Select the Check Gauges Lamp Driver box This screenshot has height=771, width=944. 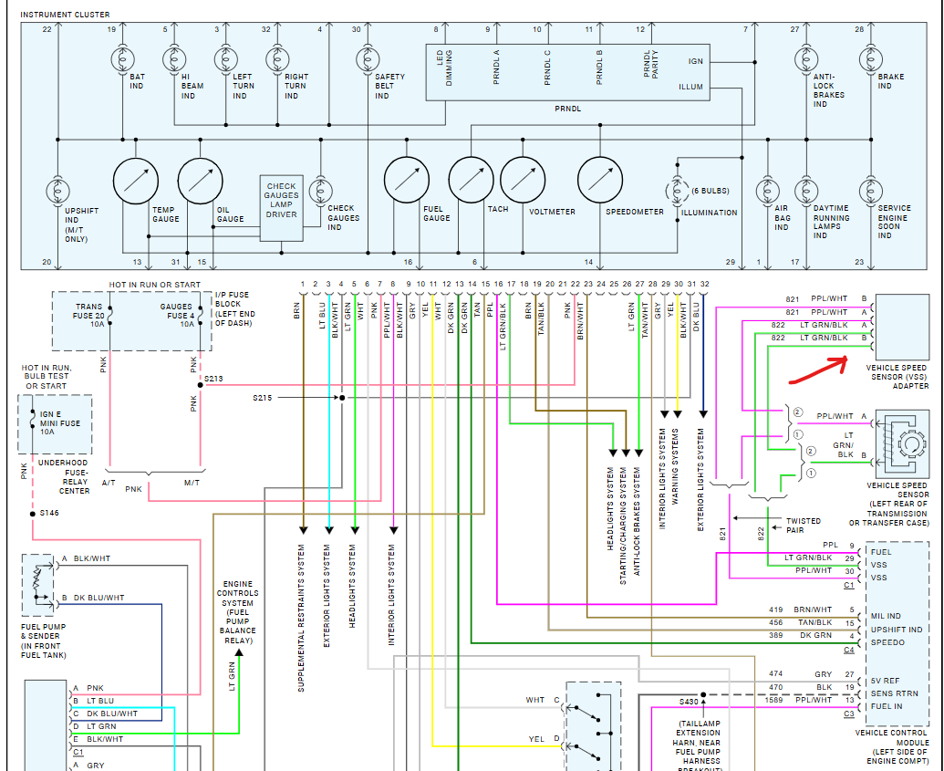click(x=281, y=201)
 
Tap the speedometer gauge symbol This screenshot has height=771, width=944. click(x=601, y=180)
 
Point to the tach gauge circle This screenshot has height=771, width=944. click(x=472, y=180)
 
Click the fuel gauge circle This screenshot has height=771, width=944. click(x=407, y=180)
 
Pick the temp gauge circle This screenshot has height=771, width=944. click(x=135, y=180)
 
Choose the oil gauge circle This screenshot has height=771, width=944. click(x=200, y=180)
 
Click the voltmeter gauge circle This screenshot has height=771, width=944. click(x=523, y=180)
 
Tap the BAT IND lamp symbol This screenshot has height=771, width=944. click(x=122, y=60)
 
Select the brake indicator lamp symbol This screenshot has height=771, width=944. click(x=859, y=60)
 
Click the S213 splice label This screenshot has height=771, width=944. click(x=213, y=378)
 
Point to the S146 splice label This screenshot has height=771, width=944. click(x=49, y=514)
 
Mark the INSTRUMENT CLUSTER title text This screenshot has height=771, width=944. click(x=65, y=15)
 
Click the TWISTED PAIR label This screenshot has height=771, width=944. click(x=804, y=526)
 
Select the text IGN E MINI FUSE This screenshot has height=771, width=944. click(x=60, y=423)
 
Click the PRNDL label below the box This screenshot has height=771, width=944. click(x=567, y=109)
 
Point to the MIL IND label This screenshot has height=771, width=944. click(x=886, y=616)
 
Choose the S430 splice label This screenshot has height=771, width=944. click(x=689, y=702)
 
